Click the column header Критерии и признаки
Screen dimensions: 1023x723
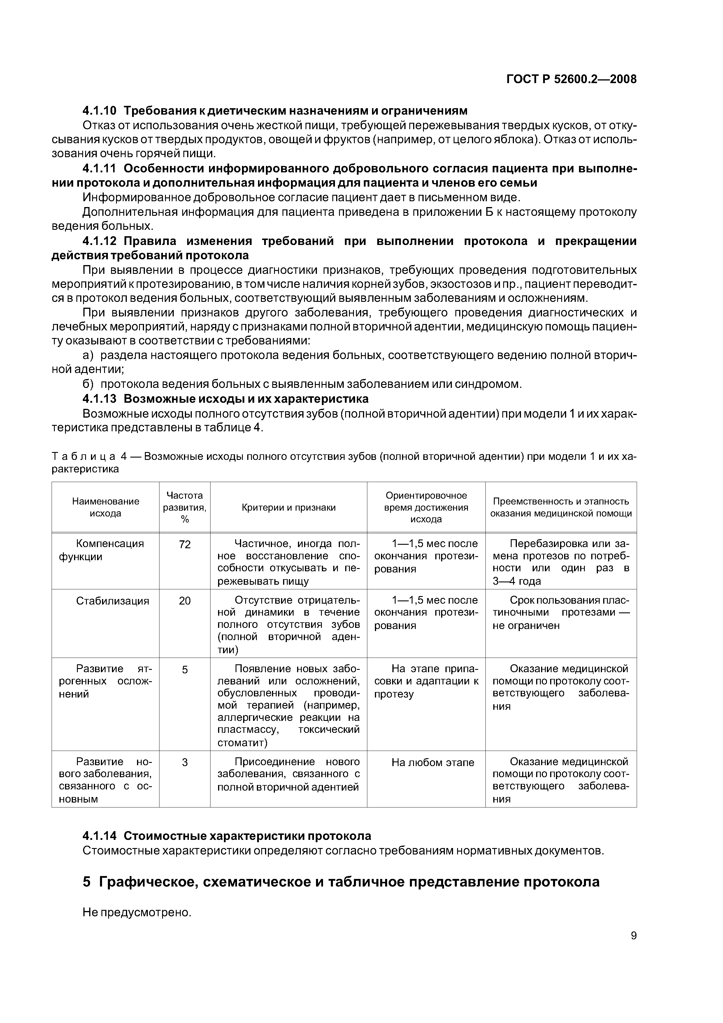tap(289, 507)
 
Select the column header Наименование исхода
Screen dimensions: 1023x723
tap(106, 507)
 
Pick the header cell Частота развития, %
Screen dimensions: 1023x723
tap(185, 507)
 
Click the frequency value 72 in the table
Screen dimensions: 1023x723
tap(185, 544)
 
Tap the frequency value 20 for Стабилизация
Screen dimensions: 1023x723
tap(185, 601)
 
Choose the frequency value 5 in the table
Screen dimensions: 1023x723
tap(185, 670)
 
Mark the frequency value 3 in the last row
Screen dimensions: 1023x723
tap(185, 762)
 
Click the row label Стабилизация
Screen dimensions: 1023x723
tap(112, 601)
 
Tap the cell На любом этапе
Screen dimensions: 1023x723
tap(433, 762)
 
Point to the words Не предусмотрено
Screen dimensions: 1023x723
tap(137, 912)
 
